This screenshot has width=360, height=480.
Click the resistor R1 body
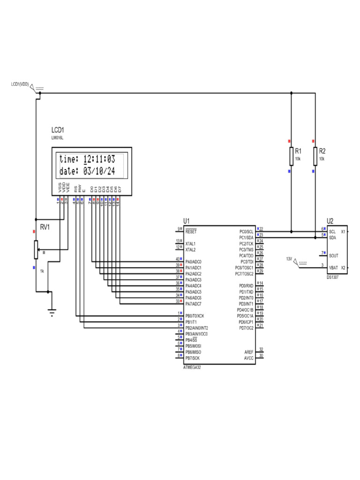[x=292, y=157]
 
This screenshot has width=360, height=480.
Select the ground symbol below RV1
[x=51, y=310]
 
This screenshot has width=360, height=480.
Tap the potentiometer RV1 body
[x=36, y=249]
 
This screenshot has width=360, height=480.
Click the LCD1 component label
[x=58, y=130]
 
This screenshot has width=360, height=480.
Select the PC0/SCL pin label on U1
[x=246, y=232]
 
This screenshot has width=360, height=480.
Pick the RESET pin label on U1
[x=191, y=232]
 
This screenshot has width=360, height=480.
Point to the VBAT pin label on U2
[x=333, y=267]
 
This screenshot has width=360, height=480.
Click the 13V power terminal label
[x=289, y=259]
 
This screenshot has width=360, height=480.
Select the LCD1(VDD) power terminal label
[x=20, y=84]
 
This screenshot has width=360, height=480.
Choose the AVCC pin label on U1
[x=248, y=358]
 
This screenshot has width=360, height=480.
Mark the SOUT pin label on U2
[x=334, y=255]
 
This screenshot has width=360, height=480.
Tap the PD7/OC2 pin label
[x=246, y=328]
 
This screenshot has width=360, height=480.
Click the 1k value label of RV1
[x=42, y=271]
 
